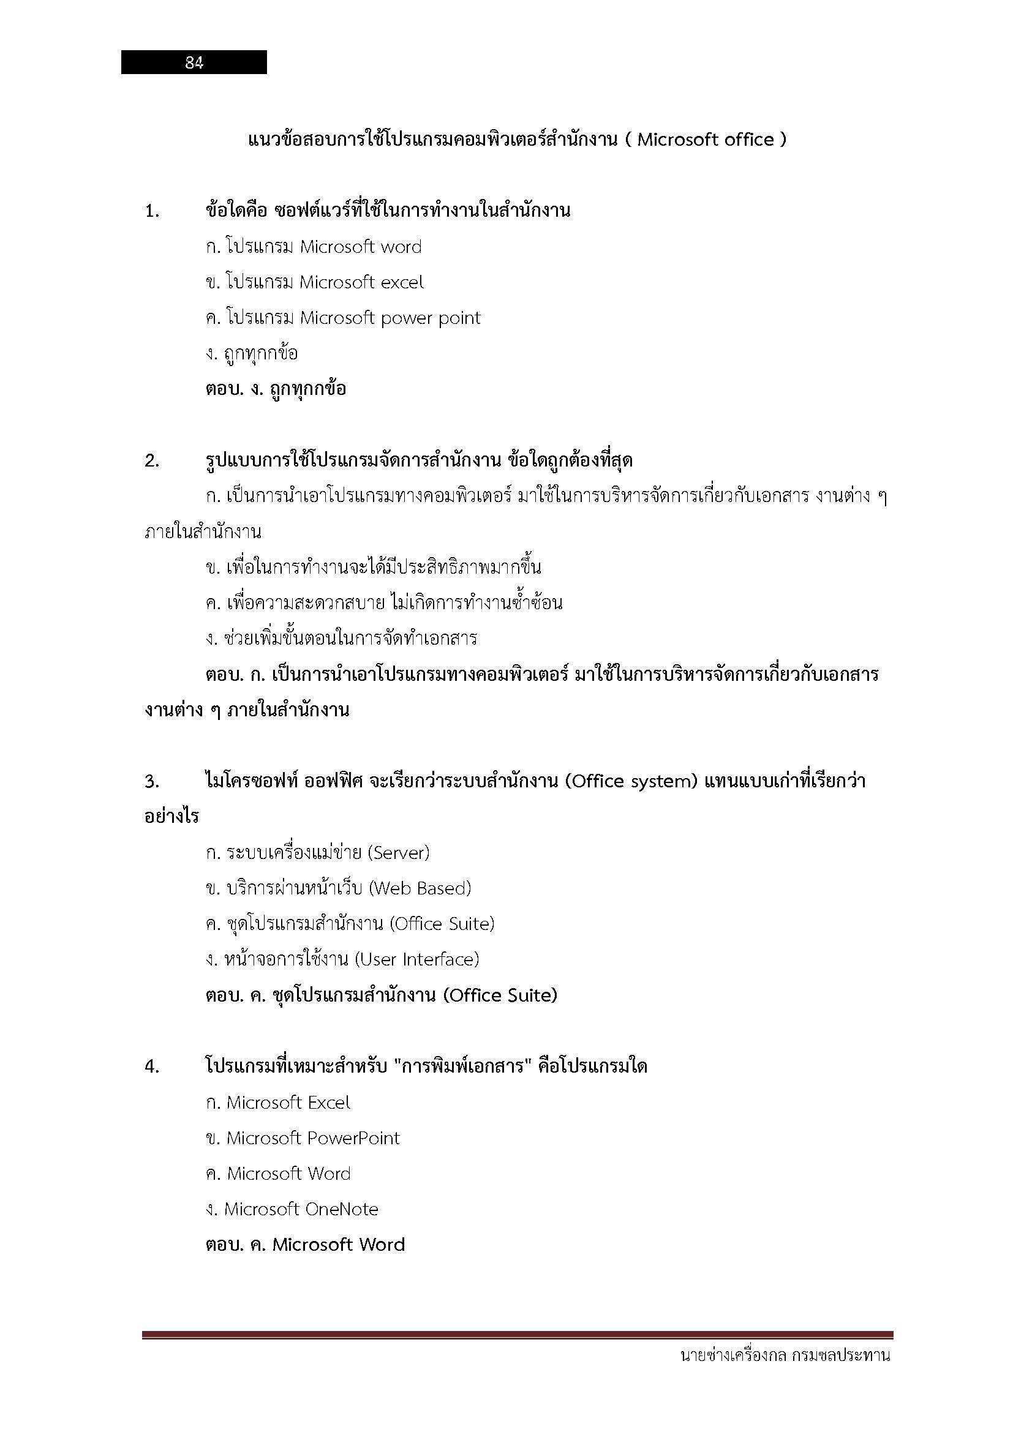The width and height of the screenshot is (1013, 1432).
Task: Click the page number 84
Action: pos(194,62)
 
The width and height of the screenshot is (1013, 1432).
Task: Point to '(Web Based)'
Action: pos(420,888)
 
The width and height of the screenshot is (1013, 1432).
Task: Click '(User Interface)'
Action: pos(416,959)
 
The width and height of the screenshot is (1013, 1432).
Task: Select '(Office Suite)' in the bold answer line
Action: pos(500,995)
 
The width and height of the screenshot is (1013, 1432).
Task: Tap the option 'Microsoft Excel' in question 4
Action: pos(288,1103)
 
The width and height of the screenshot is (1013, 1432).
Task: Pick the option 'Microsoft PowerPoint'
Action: pos(312,1138)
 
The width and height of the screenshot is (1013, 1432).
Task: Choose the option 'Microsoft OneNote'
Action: pos(301,1209)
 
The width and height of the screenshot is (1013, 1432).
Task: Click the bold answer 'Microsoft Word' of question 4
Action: pos(339,1245)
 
